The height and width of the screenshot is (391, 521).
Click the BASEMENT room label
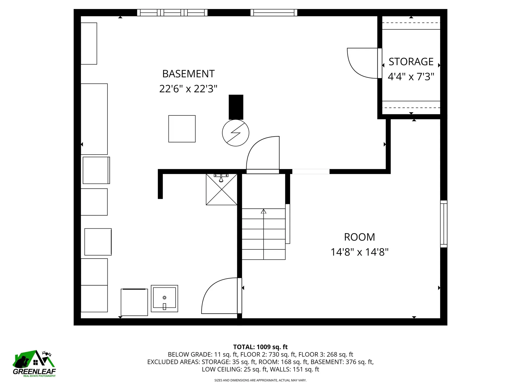tap(188, 74)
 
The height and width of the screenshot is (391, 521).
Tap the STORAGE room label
tap(411, 62)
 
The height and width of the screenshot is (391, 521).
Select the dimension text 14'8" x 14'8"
tap(359, 252)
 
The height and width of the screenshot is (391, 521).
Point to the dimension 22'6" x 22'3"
tap(188, 89)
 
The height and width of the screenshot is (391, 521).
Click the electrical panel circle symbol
tap(236, 133)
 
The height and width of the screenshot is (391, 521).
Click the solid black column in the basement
tap(236, 107)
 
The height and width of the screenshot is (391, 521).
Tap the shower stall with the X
tap(221, 190)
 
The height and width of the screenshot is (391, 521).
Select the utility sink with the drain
tap(164, 298)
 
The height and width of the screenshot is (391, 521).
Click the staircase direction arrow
tap(263, 212)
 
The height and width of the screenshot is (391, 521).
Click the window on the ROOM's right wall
tap(443, 224)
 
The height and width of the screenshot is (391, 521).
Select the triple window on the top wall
tap(172, 13)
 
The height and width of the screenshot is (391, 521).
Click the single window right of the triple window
tap(274, 13)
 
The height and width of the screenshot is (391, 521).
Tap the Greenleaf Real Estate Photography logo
tap(34, 364)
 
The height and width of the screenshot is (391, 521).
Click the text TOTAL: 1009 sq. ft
tap(260, 347)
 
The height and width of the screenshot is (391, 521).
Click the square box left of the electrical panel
tap(182, 129)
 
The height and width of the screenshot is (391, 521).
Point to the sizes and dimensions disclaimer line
tap(260, 380)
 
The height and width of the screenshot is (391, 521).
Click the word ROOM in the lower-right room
tap(359, 237)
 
